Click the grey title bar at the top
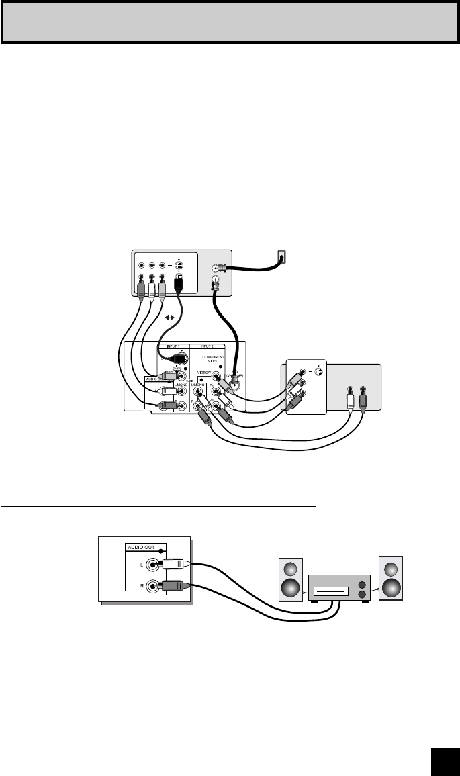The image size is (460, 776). tap(230, 21)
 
